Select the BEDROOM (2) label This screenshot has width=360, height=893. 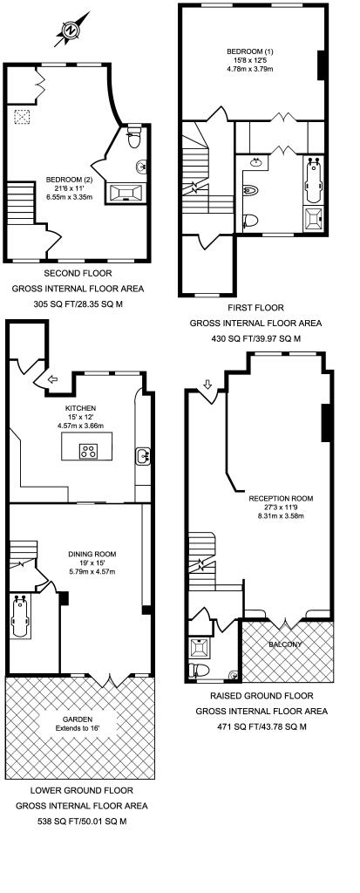coord(63,181)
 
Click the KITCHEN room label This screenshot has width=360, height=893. coord(80,408)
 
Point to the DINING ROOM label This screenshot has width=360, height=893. coord(92,554)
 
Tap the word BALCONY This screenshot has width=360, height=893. coord(286,644)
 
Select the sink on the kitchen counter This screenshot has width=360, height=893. coord(143,454)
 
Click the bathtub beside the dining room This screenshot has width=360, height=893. coord(21,617)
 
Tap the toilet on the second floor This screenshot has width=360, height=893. coord(133,137)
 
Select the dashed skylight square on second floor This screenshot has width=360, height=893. coord(21,119)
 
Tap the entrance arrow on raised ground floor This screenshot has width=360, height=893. coord(207,384)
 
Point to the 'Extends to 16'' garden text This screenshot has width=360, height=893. coord(82,726)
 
